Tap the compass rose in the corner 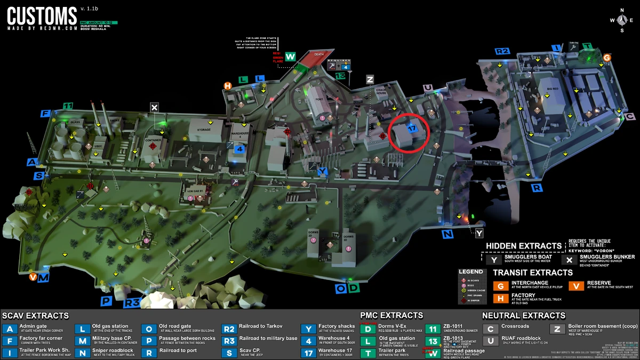[x=621, y=20]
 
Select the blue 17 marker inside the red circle [x=411, y=129]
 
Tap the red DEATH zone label [x=319, y=54]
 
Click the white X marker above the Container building [x=155, y=108]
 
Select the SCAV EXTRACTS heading [x=36, y=316]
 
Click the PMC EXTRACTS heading [x=391, y=315]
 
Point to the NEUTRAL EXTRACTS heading [x=523, y=316]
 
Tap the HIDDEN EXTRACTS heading [x=524, y=246]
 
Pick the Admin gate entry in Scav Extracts [x=33, y=326]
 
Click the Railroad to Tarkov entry [x=261, y=326]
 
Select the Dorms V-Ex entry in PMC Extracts [x=392, y=326]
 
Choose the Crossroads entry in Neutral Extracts [x=516, y=326]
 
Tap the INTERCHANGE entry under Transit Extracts [x=530, y=283]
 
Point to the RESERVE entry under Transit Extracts [x=599, y=283]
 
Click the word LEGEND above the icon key [x=470, y=272]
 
